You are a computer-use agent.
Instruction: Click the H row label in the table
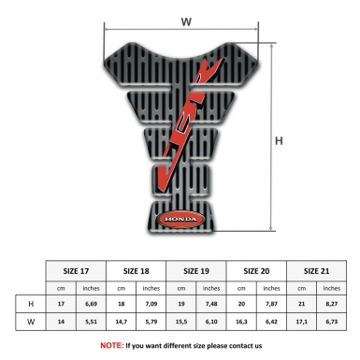point(33,304)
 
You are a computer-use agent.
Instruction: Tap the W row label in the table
point(33,323)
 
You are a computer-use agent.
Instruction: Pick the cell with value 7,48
point(212,304)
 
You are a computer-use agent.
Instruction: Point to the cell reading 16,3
point(241,323)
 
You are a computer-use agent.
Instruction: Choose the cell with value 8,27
point(331,304)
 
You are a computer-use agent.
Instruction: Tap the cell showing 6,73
point(331,323)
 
